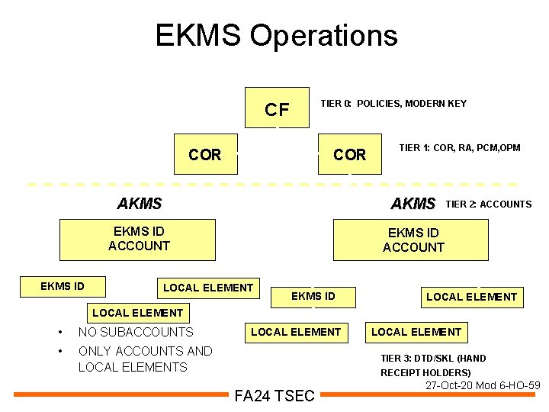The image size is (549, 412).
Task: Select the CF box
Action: pyautogui.click(x=277, y=109)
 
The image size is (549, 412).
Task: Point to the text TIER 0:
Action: pyautogui.click(x=335, y=104)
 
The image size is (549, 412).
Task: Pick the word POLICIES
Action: pyautogui.click(x=379, y=104)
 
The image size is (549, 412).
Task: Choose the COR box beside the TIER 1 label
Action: pyautogui.click(x=350, y=155)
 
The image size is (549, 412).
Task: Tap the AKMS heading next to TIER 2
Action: pyautogui.click(x=413, y=204)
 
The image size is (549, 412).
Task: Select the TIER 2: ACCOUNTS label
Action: pyautogui.click(x=488, y=204)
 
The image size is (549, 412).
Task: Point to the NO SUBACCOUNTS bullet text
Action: pyautogui.click(x=136, y=332)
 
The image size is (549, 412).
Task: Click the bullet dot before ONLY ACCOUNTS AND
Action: pyautogui.click(x=59, y=352)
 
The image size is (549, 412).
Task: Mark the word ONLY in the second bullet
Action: pyautogui.click(x=95, y=351)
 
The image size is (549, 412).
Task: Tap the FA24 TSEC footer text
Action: pyautogui.click(x=274, y=396)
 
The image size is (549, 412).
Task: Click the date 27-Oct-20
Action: pyautogui.click(x=451, y=386)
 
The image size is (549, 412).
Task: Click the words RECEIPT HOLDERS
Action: pyautogui.click(x=425, y=373)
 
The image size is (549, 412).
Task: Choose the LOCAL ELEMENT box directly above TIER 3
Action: pyautogui.click(x=416, y=332)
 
